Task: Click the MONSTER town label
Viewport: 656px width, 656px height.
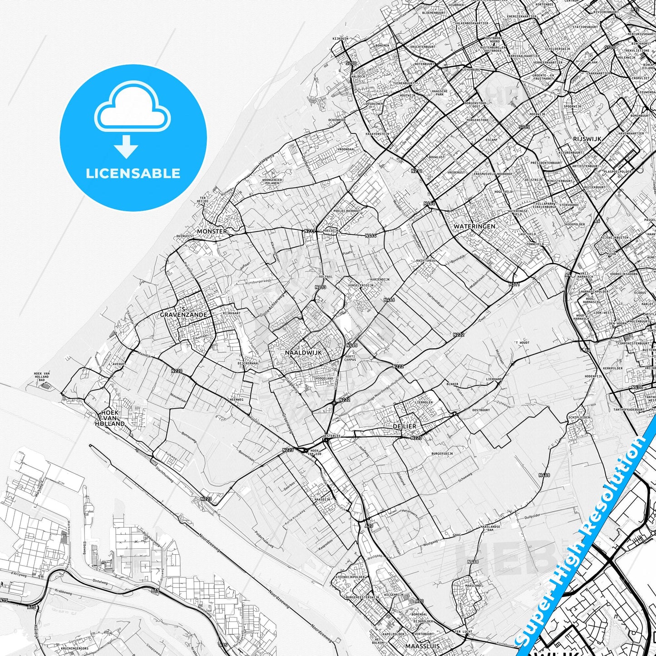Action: (212, 231)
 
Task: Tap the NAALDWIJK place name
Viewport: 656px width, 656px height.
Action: (303, 352)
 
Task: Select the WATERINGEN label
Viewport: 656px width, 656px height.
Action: (474, 226)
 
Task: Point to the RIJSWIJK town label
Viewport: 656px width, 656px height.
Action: (587, 139)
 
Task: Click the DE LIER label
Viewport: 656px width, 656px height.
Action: (404, 427)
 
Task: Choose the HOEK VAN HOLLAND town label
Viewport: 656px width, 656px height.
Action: (110, 418)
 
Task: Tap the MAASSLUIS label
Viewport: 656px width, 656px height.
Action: (422, 646)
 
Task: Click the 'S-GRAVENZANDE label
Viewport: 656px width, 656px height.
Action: (183, 312)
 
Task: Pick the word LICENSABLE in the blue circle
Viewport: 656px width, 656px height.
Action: (133, 173)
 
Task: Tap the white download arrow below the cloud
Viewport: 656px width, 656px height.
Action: (127, 146)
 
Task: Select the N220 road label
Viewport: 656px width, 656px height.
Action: (177, 371)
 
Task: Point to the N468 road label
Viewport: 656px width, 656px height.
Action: (544, 475)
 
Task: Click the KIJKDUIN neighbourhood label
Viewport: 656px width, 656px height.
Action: (340, 39)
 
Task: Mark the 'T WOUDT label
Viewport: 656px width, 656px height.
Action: (522, 343)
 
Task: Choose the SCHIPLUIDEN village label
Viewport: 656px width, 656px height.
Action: (579, 417)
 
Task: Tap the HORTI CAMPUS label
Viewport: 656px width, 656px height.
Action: (350, 358)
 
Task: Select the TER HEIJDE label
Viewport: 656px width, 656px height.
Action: (203, 200)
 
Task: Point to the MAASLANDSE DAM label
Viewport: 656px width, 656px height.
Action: (490, 528)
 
